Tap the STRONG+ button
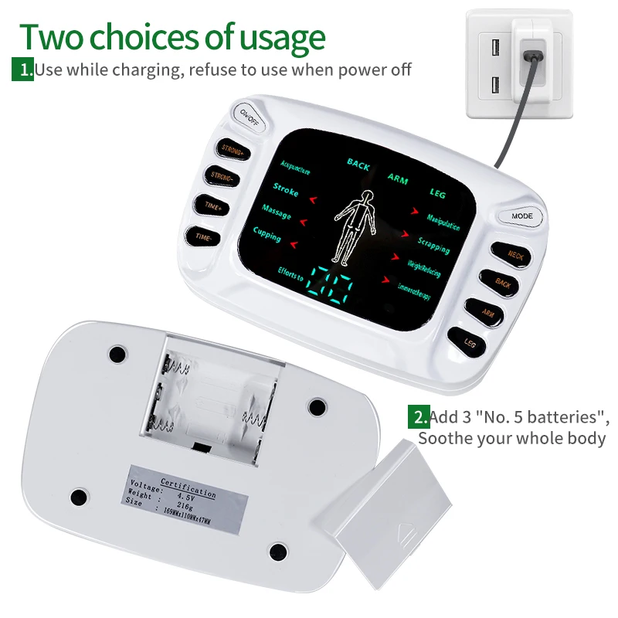pos(232,149)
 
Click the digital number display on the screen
pos(331,287)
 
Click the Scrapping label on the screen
pos(434,246)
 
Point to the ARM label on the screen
pos(398,179)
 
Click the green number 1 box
pos(22,70)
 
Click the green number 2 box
pos(419,418)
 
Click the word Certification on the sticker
pos(188,487)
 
